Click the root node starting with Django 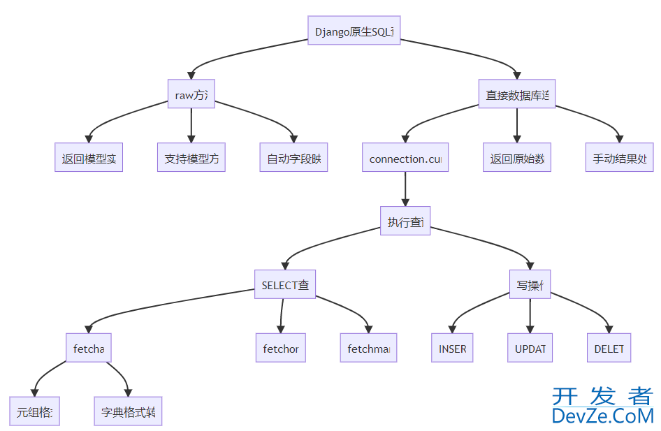click(354, 31)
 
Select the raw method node click(191, 94)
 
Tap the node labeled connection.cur click(405, 158)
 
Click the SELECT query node click(284, 284)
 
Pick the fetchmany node click(368, 348)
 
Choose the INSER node click(452, 348)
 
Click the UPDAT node click(530, 348)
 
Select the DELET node click(609, 348)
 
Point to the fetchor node click(281, 348)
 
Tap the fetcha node click(88, 348)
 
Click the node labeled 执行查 click(405, 221)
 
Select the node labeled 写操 click(530, 284)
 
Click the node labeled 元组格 click(35, 411)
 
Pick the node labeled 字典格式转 click(128, 411)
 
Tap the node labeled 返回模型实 click(89, 158)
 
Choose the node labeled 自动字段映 click(293, 158)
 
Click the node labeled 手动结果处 click(619, 158)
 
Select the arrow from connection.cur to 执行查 click(405, 189)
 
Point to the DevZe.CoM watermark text click(602, 416)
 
